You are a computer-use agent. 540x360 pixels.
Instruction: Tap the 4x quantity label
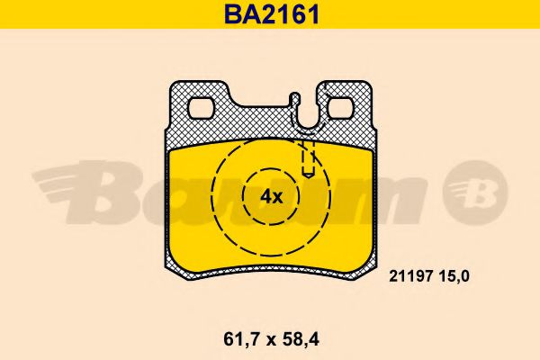click(271, 196)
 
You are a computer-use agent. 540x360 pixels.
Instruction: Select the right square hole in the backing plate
click(341, 109)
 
